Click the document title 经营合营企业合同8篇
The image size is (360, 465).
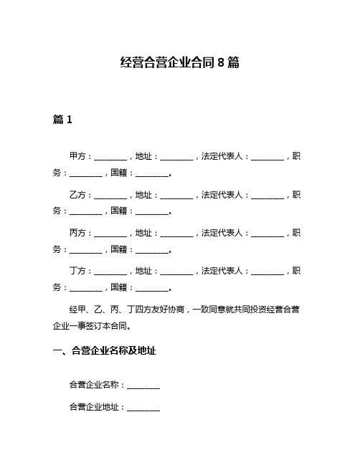click(179, 62)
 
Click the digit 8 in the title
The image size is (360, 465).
click(220, 62)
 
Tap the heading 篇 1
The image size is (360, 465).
click(62, 120)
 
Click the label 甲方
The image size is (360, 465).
click(77, 156)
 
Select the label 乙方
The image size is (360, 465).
click(77, 195)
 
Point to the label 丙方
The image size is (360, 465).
click(77, 233)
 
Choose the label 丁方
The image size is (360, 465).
click(77, 271)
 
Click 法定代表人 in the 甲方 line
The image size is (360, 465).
click(222, 156)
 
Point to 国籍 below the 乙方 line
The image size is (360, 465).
click(119, 211)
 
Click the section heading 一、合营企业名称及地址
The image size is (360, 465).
click(105, 350)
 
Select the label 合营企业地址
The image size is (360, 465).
click(94, 406)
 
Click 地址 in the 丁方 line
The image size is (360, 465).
click(143, 271)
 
